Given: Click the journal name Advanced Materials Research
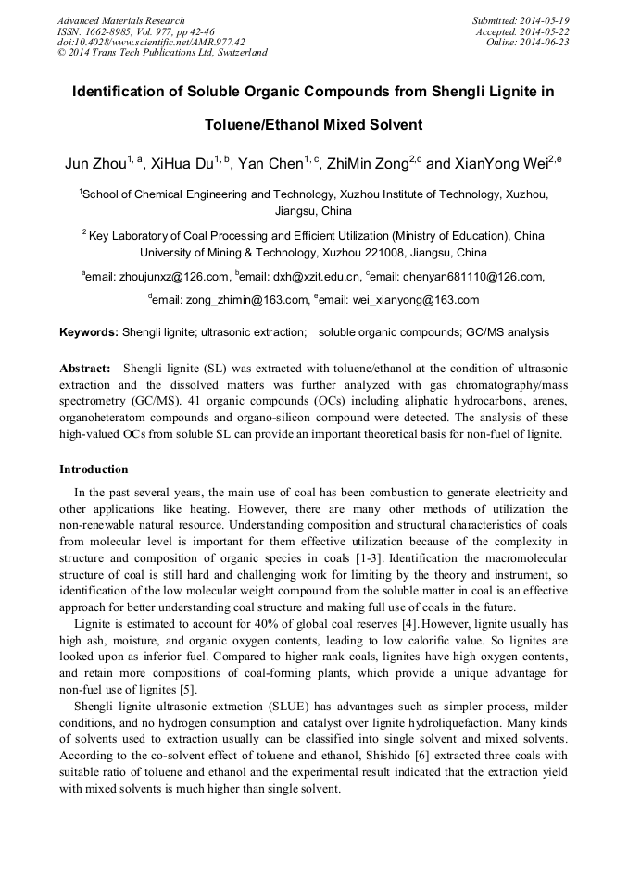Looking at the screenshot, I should coord(120,20).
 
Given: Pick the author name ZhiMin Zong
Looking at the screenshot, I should coord(369,165).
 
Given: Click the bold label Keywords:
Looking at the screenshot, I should coord(89,332).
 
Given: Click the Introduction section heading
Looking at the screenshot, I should coord(94,469).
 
